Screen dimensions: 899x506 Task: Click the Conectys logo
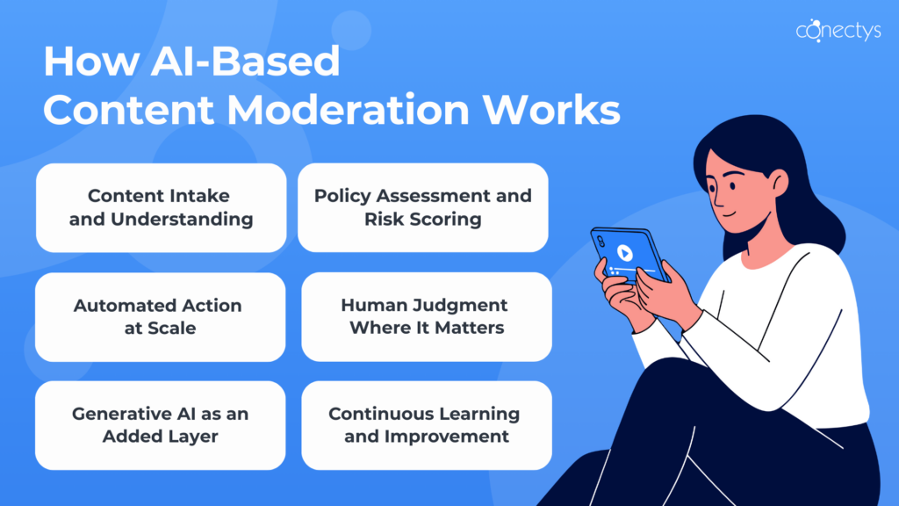838,31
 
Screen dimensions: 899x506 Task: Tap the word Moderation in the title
348,109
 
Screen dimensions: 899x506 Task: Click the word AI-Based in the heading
246,61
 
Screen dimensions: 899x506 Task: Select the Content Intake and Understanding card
162,207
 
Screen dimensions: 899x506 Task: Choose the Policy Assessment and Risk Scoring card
423,207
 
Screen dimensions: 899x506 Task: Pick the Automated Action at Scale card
161,316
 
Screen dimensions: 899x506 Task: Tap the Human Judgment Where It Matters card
427,316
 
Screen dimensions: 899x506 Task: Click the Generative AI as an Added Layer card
161,425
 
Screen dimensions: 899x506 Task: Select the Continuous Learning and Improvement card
427,425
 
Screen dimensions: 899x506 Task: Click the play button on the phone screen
625,252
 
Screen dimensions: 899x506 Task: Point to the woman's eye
733,186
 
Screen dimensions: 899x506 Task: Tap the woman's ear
779,183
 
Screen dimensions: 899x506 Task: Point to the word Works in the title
551,109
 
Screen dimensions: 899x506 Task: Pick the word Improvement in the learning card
447,437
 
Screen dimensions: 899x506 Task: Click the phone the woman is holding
629,255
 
